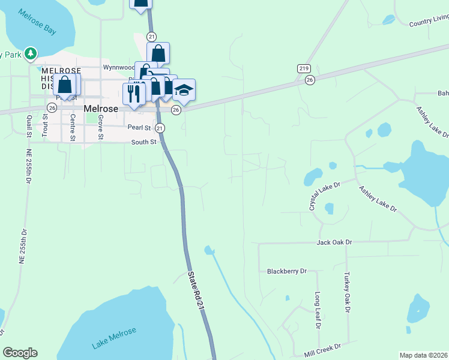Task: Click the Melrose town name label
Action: click(x=100, y=109)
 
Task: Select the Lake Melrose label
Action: click(x=114, y=338)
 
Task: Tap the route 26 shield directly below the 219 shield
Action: click(x=310, y=80)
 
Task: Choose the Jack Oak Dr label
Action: click(x=334, y=242)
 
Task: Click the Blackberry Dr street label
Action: click(x=286, y=271)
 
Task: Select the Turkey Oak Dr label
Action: click(x=346, y=292)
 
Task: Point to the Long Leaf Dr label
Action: click(x=317, y=311)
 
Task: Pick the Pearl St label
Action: click(x=139, y=127)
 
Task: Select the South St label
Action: click(x=143, y=142)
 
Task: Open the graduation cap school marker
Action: click(x=184, y=89)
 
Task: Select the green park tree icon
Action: click(x=30, y=53)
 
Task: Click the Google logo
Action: click(x=20, y=352)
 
